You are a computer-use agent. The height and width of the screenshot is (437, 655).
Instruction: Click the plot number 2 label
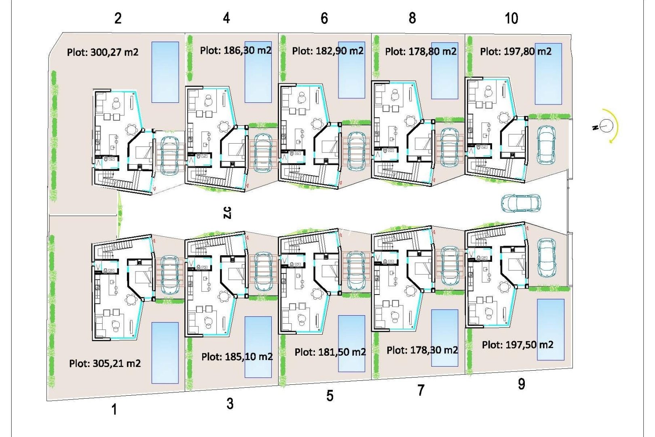(x=118, y=18)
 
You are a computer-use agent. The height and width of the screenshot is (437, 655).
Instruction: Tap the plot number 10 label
(x=511, y=18)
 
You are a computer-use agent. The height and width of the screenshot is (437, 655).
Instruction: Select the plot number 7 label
(x=421, y=390)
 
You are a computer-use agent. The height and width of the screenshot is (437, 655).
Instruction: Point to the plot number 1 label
(x=114, y=409)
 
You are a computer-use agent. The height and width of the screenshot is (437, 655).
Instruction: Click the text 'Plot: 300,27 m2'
(x=103, y=52)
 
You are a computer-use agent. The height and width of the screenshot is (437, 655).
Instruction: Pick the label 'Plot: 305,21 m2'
(x=105, y=363)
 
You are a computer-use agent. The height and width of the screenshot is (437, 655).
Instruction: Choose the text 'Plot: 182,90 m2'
(x=327, y=51)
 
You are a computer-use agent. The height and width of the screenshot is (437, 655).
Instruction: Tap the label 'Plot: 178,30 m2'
(x=422, y=350)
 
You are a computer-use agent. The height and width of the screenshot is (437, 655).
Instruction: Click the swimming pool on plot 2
(x=165, y=72)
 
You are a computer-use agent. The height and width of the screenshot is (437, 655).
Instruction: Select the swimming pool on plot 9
(x=550, y=329)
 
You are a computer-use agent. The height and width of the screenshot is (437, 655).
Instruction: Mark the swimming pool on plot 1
(x=165, y=352)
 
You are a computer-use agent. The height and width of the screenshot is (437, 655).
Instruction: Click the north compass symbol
(x=605, y=126)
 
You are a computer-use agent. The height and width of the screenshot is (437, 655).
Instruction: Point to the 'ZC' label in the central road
(x=227, y=212)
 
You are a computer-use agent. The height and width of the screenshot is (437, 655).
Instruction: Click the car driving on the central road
(x=521, y=203)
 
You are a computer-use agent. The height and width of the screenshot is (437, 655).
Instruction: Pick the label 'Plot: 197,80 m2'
(x=516, y=52)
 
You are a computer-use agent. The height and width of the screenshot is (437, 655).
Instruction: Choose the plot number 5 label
(x=330, y=396)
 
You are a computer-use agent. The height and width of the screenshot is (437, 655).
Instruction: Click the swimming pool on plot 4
(x=258, y=72)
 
